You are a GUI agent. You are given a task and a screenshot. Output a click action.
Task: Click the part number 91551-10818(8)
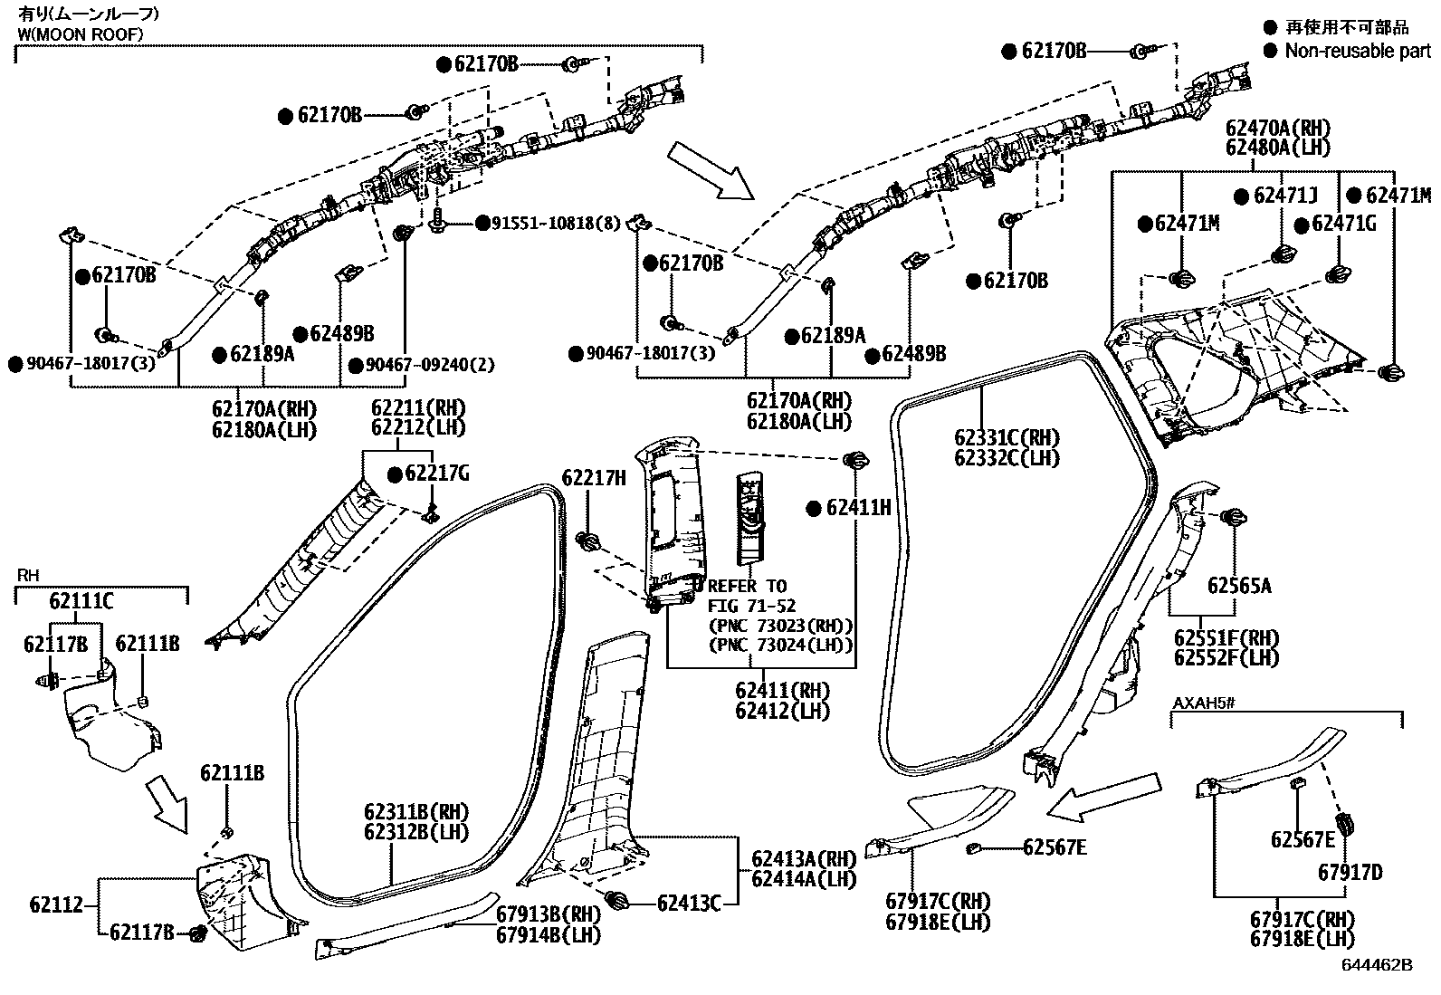pos(557,223)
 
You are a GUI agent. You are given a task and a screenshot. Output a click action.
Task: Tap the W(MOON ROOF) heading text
pos(80,34)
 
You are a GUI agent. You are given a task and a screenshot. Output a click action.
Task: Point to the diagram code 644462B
pos(1376,966)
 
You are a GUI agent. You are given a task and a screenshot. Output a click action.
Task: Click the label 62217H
pos(594,477)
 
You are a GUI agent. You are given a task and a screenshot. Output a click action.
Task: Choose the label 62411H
pos(857,509)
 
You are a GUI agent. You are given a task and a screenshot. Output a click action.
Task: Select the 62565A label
pos(1238,587)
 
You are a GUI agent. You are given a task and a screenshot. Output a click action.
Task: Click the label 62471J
pos(1285,196)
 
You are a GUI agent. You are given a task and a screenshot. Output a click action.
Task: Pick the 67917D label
pos(1350,873)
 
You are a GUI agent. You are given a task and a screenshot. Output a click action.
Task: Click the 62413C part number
pos(689,903)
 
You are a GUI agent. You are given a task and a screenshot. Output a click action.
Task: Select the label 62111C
pos(81,601)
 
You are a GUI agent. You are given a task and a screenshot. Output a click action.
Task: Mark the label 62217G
pos(437,474)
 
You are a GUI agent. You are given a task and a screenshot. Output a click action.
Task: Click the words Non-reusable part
pos(1358,52)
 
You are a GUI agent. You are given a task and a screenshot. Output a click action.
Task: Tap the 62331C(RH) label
pos(1007,438)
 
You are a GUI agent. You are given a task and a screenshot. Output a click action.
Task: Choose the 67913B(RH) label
pos(549,915)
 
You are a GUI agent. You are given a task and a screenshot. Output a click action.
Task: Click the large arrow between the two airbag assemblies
pos(710,169)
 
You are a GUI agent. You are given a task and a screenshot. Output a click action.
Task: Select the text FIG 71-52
pos(750,606)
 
